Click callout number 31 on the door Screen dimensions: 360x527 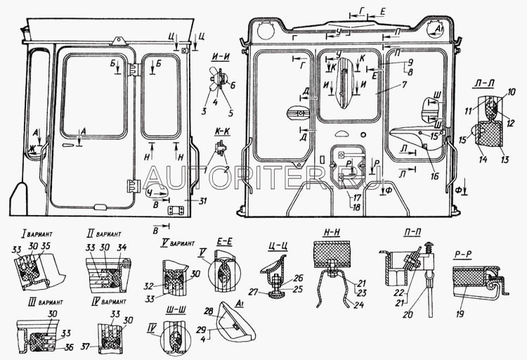click(182, 202)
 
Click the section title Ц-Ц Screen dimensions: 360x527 click(276, 247)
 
